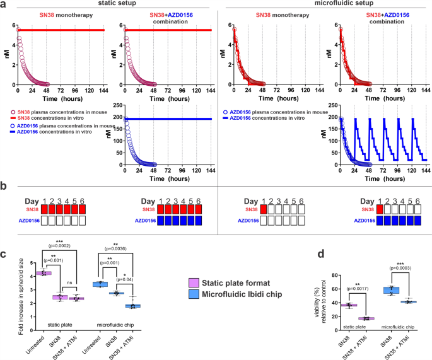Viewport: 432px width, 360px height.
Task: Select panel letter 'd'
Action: pos(254,237)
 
